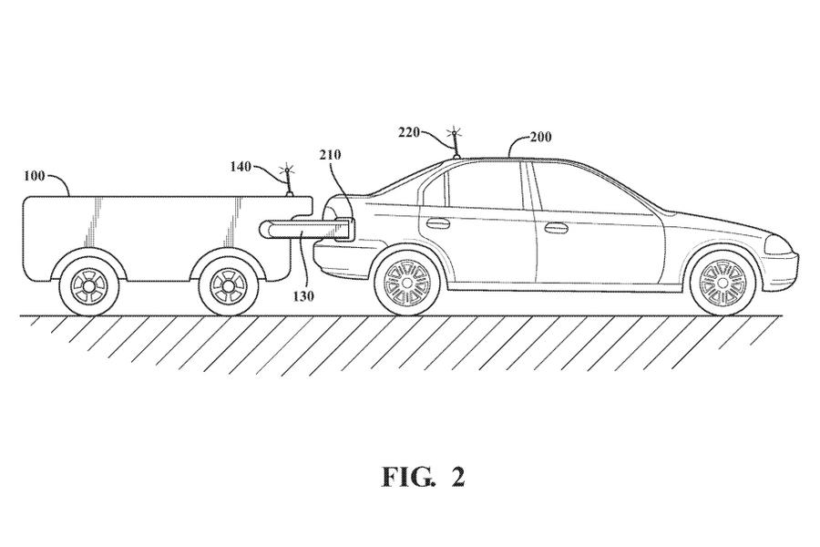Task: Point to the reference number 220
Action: [x=410, y=132]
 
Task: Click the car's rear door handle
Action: [x=438, y=223]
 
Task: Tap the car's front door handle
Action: [x=556, y=227]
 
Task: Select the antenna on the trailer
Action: [x=288, y=180]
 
